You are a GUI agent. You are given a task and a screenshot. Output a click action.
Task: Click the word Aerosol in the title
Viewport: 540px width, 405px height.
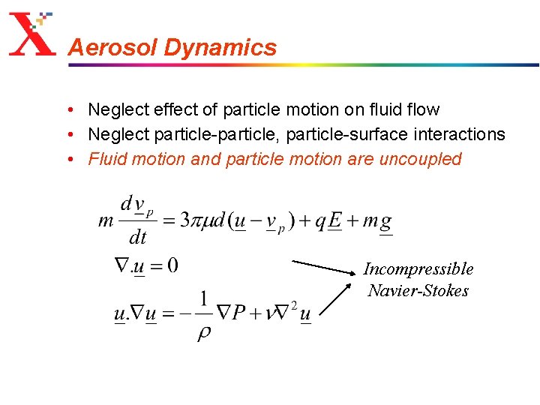click(x=112, y=48)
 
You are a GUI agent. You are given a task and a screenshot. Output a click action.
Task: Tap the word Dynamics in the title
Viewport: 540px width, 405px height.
click(x=220, y=48)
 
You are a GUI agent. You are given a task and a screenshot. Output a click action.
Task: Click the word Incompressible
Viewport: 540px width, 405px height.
click(x=418, y=268)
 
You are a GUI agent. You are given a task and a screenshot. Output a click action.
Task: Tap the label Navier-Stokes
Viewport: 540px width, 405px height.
click(x=418, y=291)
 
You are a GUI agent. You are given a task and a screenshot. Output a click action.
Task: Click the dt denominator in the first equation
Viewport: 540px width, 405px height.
click(x=138, y=238)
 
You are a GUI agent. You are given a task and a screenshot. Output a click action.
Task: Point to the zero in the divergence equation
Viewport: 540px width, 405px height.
click(x=172, y=265)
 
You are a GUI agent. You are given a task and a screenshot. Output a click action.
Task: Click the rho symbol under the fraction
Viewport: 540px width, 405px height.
click(x=204, y=332)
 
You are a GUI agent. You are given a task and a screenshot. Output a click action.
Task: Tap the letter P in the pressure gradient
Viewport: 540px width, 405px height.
click(x=239, y=312)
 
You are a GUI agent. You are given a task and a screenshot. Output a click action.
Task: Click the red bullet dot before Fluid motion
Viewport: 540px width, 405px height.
click(x=68, y=159)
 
